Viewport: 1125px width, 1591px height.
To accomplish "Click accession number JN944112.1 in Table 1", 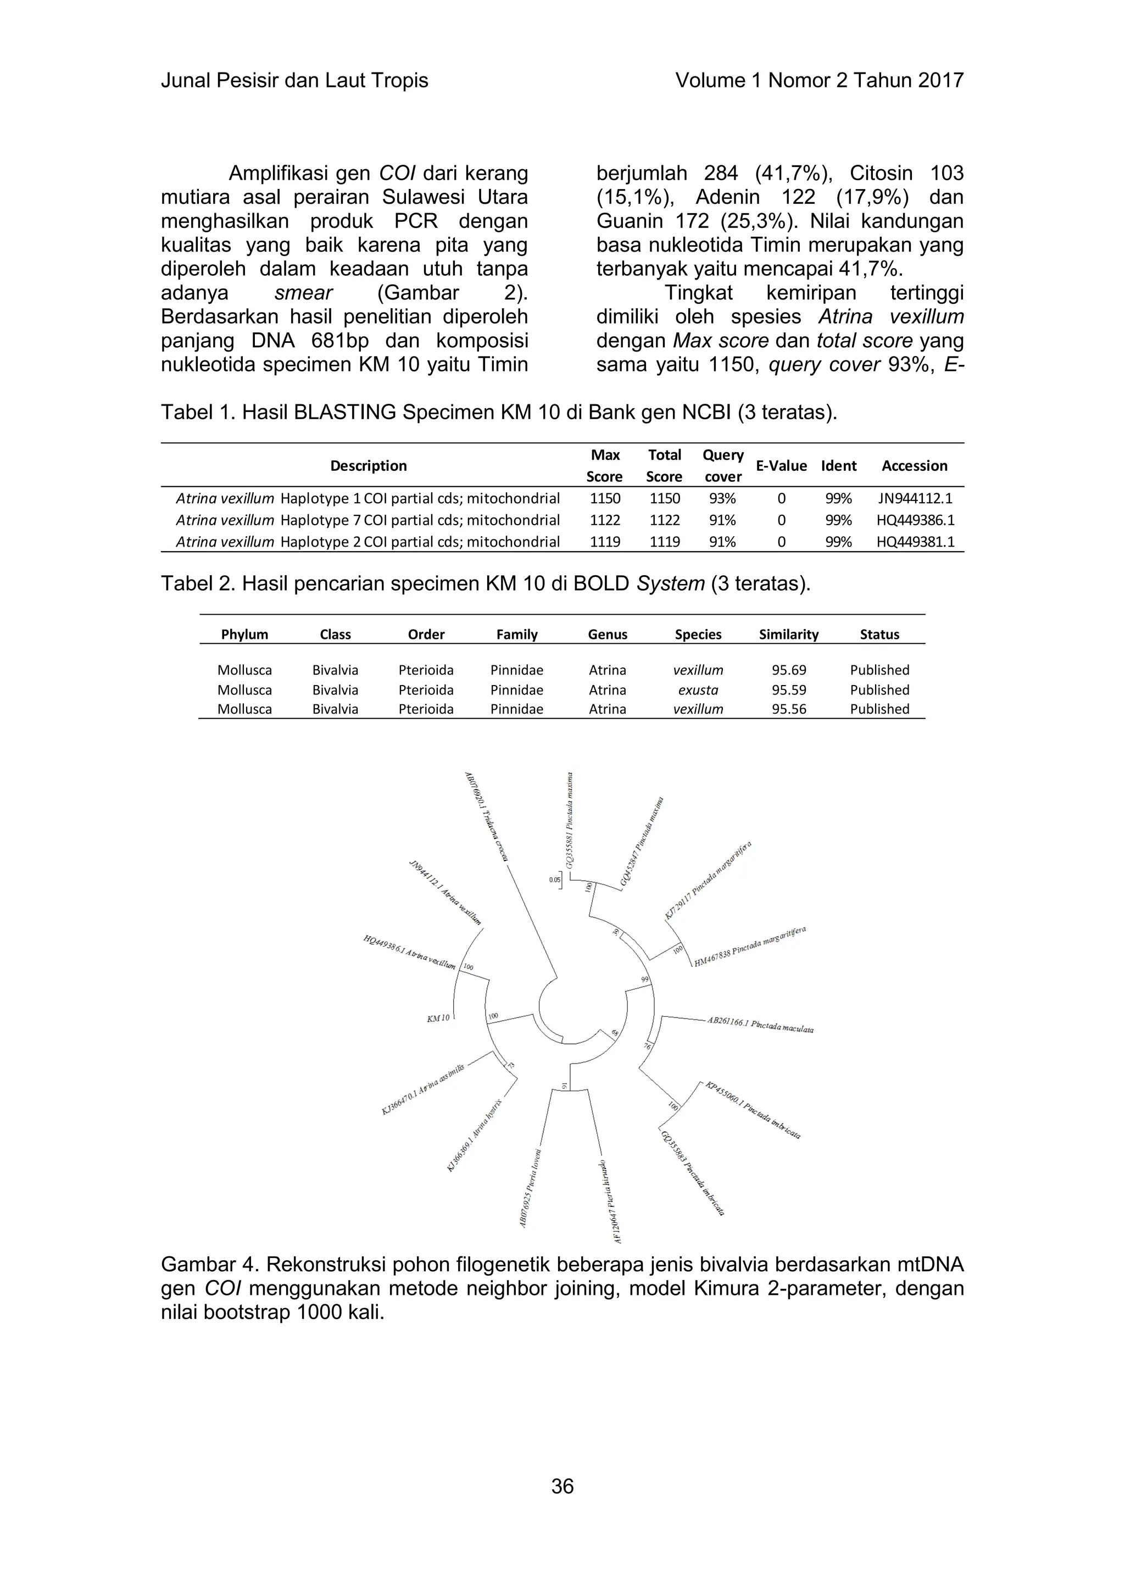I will click(915, 498).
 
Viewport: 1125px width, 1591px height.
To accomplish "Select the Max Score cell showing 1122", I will click(605, 520).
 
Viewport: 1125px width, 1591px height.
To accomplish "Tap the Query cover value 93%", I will click(722, 498).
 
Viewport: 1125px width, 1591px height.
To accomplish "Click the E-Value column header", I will click(781, 466).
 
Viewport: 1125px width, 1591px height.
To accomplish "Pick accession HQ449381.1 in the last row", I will click(915, 542).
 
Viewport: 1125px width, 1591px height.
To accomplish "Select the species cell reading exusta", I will click(698, 690).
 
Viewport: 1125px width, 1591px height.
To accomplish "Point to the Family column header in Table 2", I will click(517, 634).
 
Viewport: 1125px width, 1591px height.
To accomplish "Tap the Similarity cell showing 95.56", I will click(789, 709).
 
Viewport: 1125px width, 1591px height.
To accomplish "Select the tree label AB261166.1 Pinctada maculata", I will click(760, 1025).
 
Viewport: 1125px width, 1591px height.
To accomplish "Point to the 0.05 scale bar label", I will click(554, 880).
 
